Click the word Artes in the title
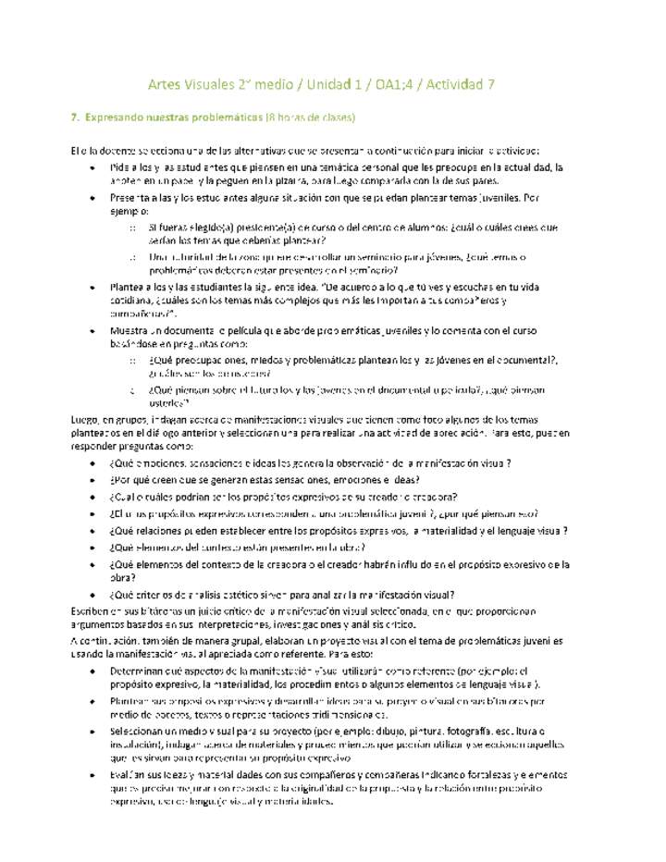click(165, 85)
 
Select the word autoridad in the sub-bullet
click(190, 256)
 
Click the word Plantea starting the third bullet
click(129, 287)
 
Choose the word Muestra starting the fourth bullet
click(129, 330)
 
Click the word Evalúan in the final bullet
click(129, 774)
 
